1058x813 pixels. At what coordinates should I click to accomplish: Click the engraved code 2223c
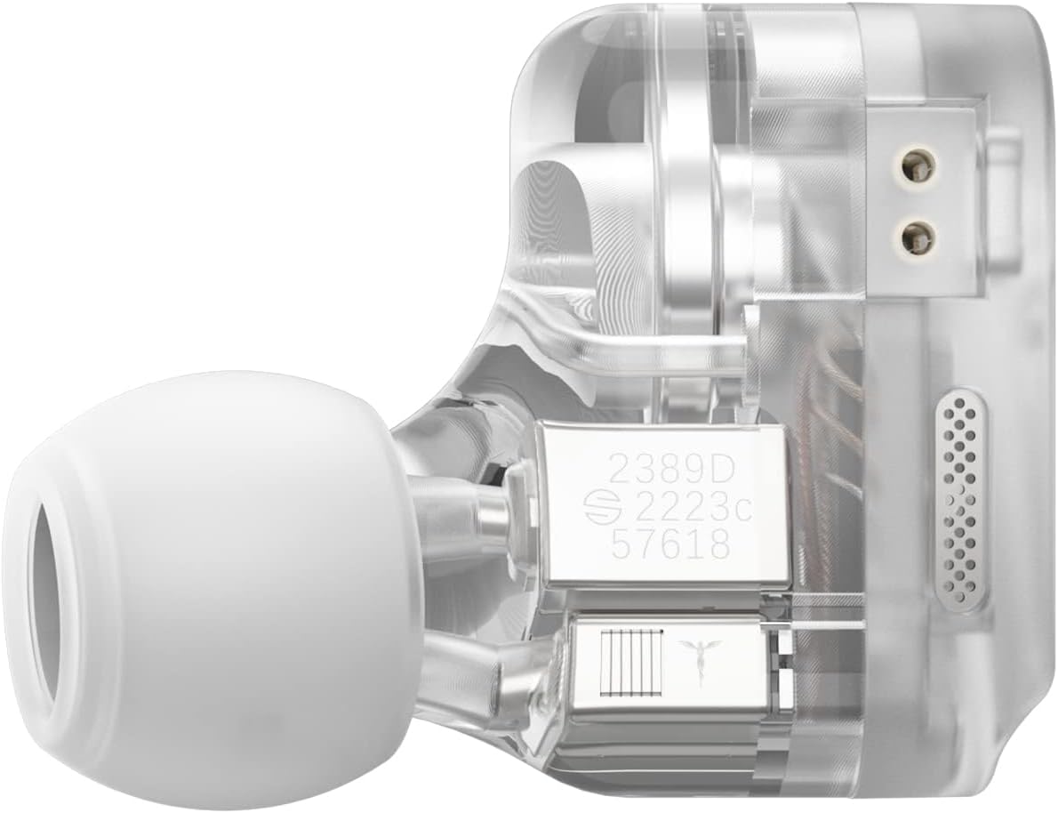(685, 508)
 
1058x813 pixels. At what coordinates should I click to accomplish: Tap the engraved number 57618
(670, 543)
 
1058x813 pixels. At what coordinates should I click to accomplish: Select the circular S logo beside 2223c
(597, 508)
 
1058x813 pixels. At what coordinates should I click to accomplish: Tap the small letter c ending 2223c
(743, 510)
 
